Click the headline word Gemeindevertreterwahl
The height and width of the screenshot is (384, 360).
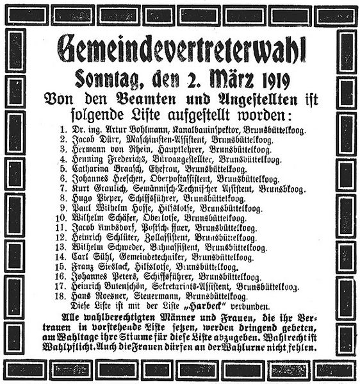point(181,49)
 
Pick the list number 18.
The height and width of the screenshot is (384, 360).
point(62,297)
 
